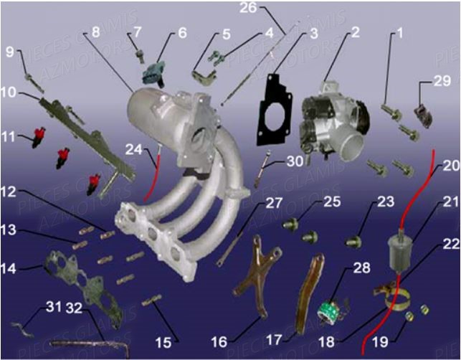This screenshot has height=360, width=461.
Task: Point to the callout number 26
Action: coord(247,8)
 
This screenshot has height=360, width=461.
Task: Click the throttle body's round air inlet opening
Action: coord(352,144)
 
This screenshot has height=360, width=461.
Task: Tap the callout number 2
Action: coord(356,32)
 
